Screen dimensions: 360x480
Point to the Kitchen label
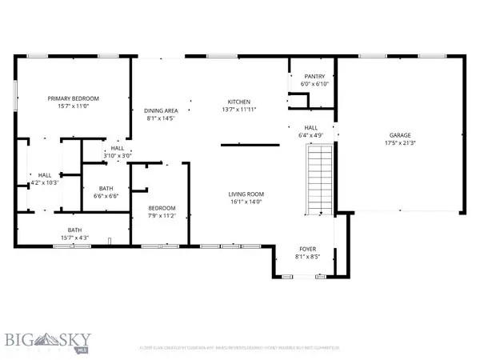coord(240,102)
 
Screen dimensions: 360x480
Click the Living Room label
coord(246,194)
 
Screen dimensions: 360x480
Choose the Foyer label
coord(308,248)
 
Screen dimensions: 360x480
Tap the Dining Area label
coord(161,110)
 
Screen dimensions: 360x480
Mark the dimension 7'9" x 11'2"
coord(162,215)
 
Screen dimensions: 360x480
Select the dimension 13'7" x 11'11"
coord(240,110)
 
